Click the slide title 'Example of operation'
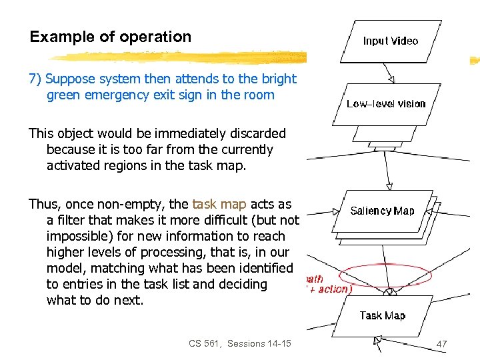tap(111, 37)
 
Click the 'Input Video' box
tap(391, 41)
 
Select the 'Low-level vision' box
tap(386, 103)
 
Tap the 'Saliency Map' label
tap(383, 211)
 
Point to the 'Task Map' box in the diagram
tap(383, 315)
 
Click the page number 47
tap(441, 343)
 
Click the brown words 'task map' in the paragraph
tap(219, 204)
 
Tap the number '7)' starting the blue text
tap(35, 79)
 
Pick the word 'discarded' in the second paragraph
tap(257, 133)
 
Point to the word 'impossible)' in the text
tap(78, 236)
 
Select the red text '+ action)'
tap(329, 289)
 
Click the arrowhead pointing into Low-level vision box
tap(391, 79)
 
